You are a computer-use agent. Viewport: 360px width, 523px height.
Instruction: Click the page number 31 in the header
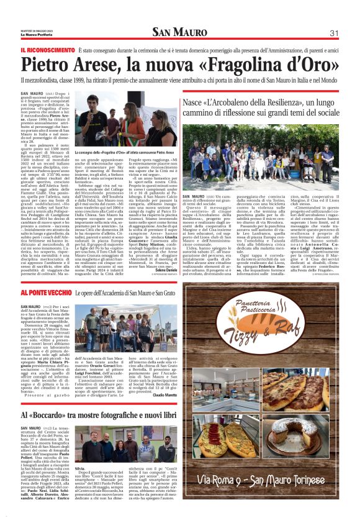click(x=333, y=33)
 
